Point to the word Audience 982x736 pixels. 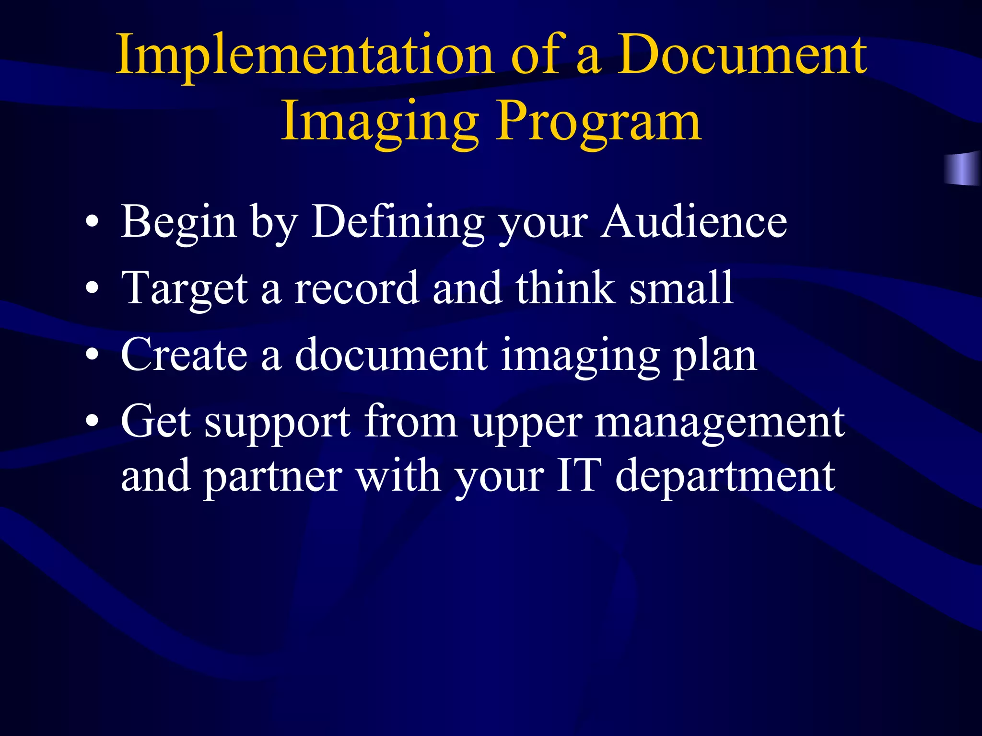pos(694,221)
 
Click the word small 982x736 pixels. pos(681,288)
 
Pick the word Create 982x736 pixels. pos(185,355)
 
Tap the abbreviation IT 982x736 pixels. pos(579,476)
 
